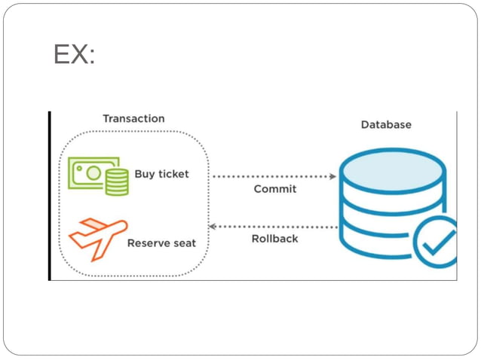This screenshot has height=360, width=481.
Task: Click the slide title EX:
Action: [x=74, y=55]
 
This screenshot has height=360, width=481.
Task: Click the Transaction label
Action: [x=133, y=118]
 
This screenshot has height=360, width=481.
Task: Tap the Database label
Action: [x=386, y=124]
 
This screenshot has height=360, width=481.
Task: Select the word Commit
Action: [x=274, y=189]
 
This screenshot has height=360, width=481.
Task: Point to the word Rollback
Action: [x=274, y=239]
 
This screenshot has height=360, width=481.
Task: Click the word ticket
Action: [x=173, y=174]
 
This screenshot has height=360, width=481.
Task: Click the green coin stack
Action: [x=117, y=183]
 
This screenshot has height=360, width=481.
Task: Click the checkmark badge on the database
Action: [x=438, y=241]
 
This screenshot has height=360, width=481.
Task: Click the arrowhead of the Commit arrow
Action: [x=333, y=176]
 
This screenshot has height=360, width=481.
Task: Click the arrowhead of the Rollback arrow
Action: [x=212, y=226]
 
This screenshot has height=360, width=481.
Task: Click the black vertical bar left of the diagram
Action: [x=50, y=196]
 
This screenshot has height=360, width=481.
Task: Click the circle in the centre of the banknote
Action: [x=92, y=172]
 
